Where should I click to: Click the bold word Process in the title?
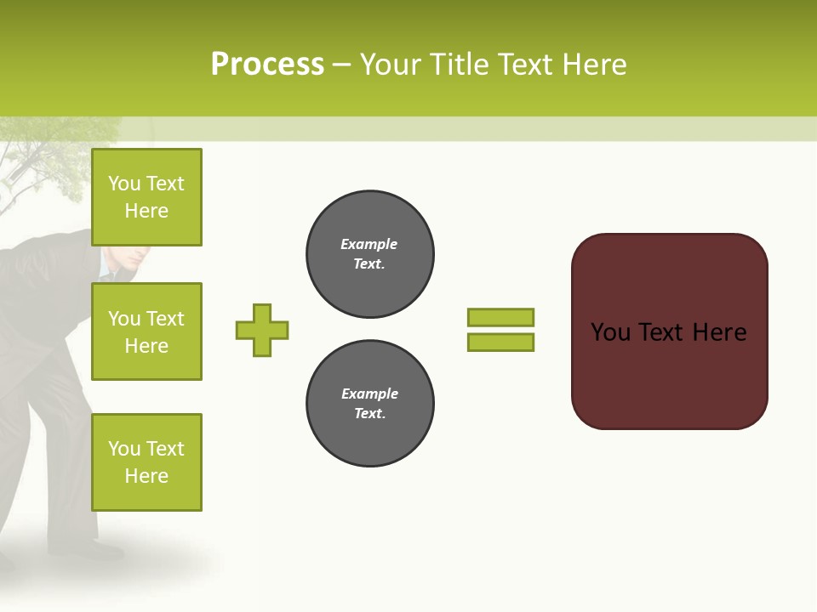(x=267, y=64)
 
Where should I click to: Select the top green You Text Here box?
(x=146, y=197)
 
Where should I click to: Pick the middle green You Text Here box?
(x=146, y=331)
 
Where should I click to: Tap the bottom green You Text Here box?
(x=146, y=462)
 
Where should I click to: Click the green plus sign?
(x=262, y=330)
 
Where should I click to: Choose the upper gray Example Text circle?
(x=369, y=254)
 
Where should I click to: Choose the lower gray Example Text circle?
(x=369, y=404)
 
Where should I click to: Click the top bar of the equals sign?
(x=500, y=317)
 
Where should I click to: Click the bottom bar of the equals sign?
(x=500, y=342)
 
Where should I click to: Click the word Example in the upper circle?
(x=369, y=244)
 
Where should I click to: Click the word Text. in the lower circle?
(x=369, y=414)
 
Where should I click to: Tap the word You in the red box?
(x=610, y=332)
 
